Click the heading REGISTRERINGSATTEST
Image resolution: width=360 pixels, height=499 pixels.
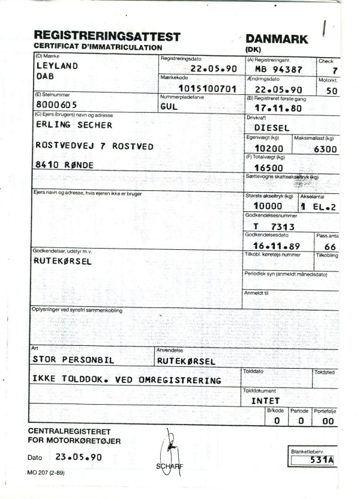(x=107, y=36)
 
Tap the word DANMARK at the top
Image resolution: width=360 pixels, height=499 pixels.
(x=277, y=38)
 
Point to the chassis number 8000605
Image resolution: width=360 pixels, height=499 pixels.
(x=56, y=103)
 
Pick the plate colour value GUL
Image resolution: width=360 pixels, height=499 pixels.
(x=170, y=106)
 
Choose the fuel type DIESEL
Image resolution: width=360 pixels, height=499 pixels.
(x=272, y=128)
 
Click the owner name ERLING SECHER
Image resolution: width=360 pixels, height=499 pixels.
(x=74, y=124)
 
